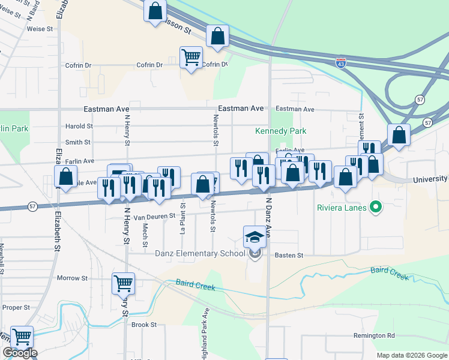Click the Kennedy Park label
point(280,131)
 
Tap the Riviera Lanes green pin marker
point(376,208)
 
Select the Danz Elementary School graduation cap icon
point(255,236)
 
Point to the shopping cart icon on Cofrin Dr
point(191,58)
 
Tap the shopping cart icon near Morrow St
point(123,283)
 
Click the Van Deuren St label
point(154,216)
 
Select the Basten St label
point(289,255)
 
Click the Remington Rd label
point(374,335)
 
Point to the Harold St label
point(79,127)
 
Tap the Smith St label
point(78,142)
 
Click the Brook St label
point(144,325)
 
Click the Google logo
point(20,353)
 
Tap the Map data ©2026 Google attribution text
point(412,355)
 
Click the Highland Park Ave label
point(205,333)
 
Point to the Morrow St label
point(72,278)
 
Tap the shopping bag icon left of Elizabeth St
point(65,176)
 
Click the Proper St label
point(16,307)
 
